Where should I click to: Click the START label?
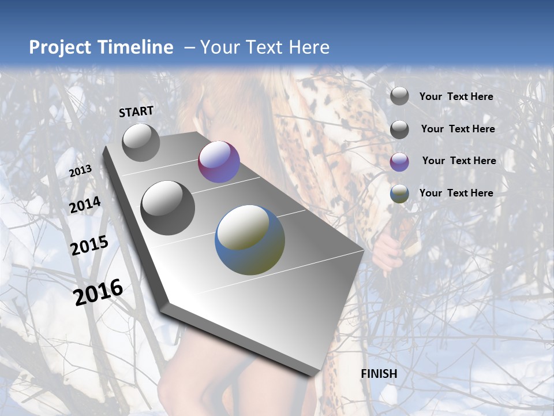click(136, 112)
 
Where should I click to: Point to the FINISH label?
click(379, 374)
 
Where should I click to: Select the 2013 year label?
click(81, 171)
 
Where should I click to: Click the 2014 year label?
click(85, 205)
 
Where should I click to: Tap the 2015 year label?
click(89, 246)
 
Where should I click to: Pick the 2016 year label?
click(98, 292)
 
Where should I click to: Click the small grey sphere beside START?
click(141, 142)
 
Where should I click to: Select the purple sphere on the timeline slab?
click(219, 162)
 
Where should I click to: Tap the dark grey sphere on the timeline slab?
click(168, 208)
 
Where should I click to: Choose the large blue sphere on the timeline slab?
click(250, 240)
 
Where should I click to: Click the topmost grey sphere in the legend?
click(399, 96)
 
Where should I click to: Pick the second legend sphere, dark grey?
click(399, 129)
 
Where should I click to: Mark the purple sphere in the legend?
click(399, 162)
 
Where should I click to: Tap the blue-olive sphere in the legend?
click(399, 194)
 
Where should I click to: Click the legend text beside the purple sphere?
click(459, 161)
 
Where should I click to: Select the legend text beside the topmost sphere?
click(456, 96)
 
